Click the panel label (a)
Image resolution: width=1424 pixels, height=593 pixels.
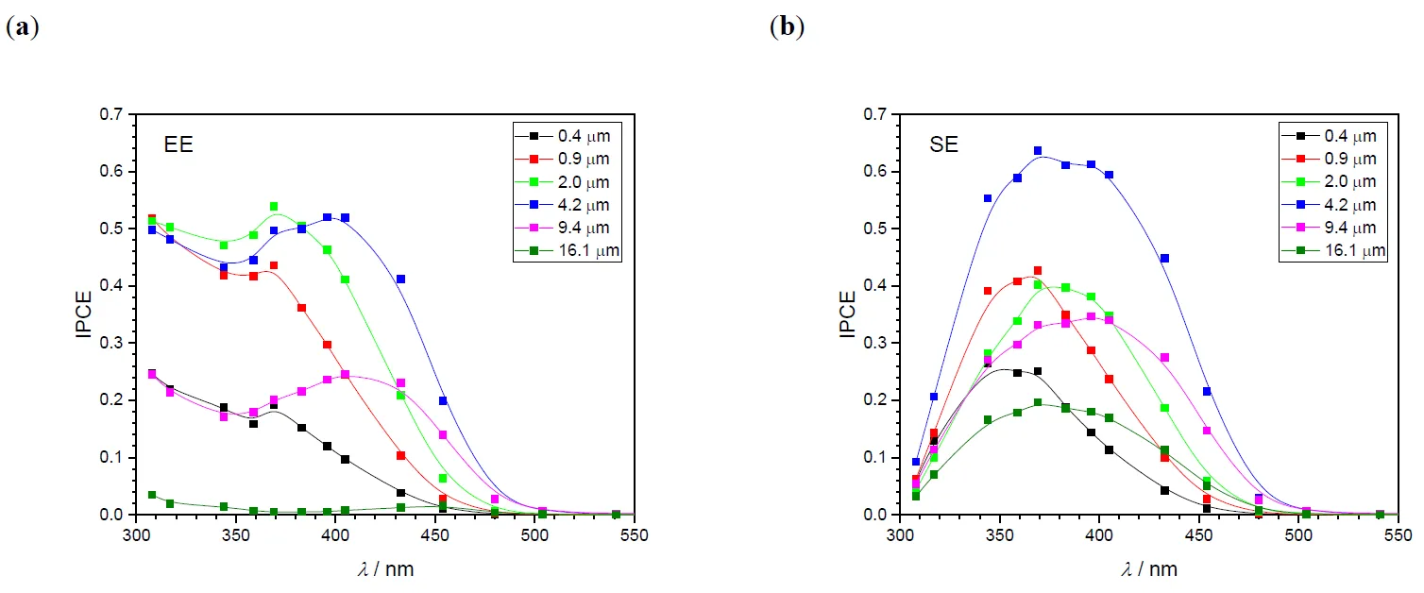(x=23, y=27)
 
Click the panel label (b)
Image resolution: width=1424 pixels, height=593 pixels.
(x=788, y=27)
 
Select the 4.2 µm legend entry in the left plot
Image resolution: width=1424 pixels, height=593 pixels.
(x=568, y=204)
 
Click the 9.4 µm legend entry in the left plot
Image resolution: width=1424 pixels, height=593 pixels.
(x=568, y=228)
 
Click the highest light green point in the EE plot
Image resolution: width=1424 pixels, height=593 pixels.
(x=274, y=206)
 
